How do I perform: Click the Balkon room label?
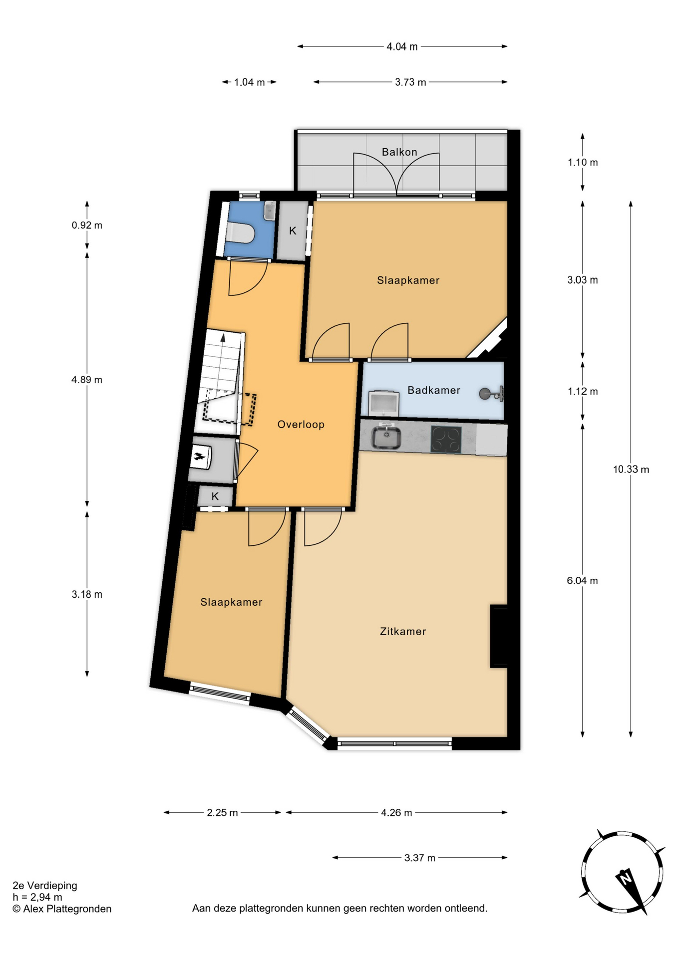click(x=399, y=152)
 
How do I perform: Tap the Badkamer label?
click(x=434, y=390)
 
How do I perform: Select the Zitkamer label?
click(x=403, y=631)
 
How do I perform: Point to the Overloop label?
click(x=301, y=424)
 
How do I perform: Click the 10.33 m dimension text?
click(x=631, y=469)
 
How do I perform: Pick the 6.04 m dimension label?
click(x=582, y=580)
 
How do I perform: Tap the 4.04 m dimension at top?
click(x=402, y=46)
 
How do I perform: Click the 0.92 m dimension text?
click(x=87, y=225)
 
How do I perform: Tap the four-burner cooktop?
click(x=446, y=439)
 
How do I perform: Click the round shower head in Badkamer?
click(x=484, y=394)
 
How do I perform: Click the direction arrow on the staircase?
click(x=223, y=338)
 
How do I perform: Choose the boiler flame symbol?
click(x=200, y=456)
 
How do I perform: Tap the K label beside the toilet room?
click(x=293, y=231)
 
